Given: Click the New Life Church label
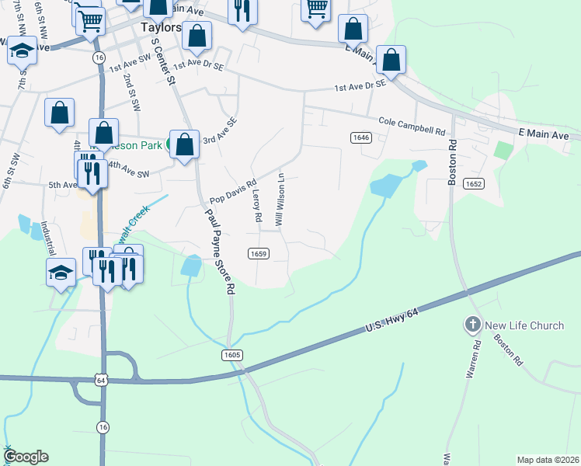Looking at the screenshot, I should pos(525,325).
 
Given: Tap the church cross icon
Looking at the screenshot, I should pos(472,325).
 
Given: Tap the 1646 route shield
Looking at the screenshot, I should pos(360,137).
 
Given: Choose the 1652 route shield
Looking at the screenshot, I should pos(473,183).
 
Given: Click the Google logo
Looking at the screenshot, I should pos(25,457).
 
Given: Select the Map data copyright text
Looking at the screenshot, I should pos(548,459).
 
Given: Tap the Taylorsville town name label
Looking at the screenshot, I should pos(161,26).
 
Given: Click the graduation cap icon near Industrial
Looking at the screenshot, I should pos(61,273).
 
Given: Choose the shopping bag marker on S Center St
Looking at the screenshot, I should pos(184,144).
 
